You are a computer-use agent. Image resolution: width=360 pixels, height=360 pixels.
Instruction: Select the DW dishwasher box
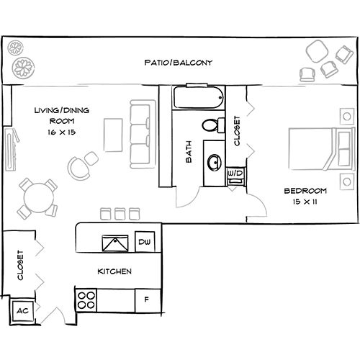pos(143,242)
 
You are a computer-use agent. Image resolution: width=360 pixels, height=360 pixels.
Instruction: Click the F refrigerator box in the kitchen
pos(147,299)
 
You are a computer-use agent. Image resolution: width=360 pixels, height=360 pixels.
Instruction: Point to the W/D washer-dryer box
pos(235,174)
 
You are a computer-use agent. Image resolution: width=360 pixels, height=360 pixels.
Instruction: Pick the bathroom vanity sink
pos(213,162)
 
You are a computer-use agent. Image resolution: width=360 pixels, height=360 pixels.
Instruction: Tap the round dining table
pos(37,195)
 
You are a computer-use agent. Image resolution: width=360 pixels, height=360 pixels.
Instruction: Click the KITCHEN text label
pos(114,272)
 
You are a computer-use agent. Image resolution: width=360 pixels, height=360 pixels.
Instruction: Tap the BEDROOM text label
pos(305,190)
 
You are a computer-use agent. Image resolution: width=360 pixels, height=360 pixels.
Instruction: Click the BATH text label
pos(189,152)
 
